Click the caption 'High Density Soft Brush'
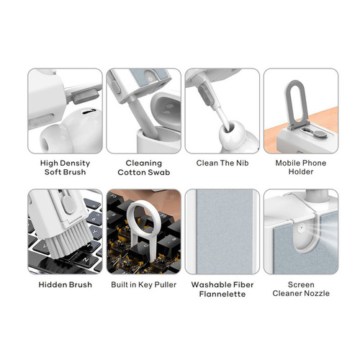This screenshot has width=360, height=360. [x=65, y=168]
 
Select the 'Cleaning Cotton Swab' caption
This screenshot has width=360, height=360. [x=144, y=168]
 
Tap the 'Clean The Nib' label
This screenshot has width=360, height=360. [x=222, y=163]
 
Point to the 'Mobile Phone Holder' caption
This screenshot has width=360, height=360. [x=301, y=167]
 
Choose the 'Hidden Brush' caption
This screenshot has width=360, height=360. [x=66, y=284]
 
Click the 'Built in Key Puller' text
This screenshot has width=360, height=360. [x=144, y=285]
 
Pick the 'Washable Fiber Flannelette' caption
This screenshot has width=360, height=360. [x=222, y=289]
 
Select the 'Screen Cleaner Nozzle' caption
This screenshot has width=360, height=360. [x=301, y=289]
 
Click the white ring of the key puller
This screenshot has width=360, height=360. [x=130, y=214]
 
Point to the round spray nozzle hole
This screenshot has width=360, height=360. [x=301, y=227]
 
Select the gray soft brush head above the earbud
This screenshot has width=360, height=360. [x=86, y=96]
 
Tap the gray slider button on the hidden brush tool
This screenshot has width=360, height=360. [x=68, y=204]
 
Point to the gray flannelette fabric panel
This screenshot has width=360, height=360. [x=225, y=231]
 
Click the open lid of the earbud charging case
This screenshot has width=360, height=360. [x=166, y=109]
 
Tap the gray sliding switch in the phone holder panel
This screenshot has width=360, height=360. [x=315, y=132]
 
